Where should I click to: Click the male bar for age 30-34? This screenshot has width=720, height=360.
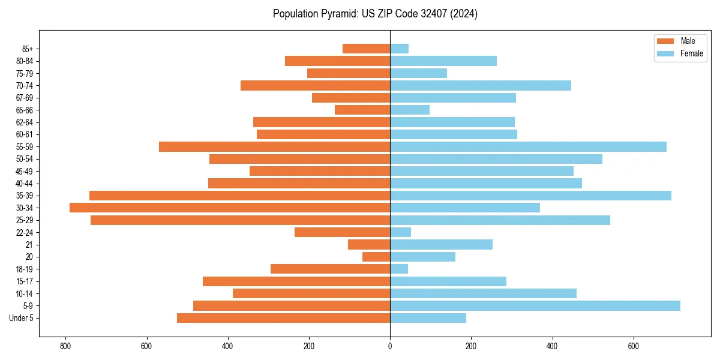click(x=230, y=208)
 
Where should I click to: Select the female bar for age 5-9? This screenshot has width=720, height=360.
click(x=535, y=306)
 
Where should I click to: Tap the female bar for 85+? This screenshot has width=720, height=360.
click(x=399, y=49)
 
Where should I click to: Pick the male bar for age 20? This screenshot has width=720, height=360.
click(x=376, y=257)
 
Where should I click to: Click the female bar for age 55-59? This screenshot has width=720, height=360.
click(x=528, y=147)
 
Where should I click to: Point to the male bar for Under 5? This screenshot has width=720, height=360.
click(x=283, y=318)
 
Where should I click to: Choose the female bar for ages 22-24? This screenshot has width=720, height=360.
click(x=400, y=232)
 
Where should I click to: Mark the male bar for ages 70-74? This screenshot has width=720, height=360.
click(x=315, y=86)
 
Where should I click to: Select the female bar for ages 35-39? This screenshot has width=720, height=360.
click(x=530, y=196)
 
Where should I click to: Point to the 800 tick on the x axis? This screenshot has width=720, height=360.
click(x=65, y=346)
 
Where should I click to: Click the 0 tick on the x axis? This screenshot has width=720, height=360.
click(x=390, y=346)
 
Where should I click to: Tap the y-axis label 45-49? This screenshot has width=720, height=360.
click(x=25, y=171)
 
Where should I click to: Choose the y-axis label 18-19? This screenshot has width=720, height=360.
click(x=25, y=269)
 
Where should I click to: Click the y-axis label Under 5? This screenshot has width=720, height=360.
click(x=22, y=318)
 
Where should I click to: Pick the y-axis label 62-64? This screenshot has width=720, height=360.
click(x=25, y=122)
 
